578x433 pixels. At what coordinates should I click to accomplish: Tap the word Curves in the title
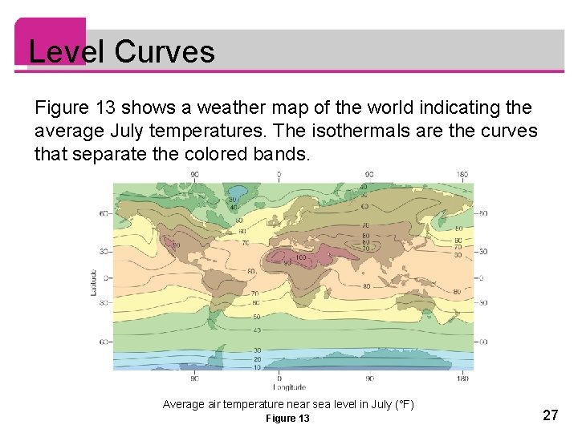(165, 51)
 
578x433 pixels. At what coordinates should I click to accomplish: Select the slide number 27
(551, 415)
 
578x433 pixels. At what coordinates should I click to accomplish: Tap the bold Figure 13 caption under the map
(287, 419)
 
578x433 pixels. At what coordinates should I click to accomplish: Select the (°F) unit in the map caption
(402, 404)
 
